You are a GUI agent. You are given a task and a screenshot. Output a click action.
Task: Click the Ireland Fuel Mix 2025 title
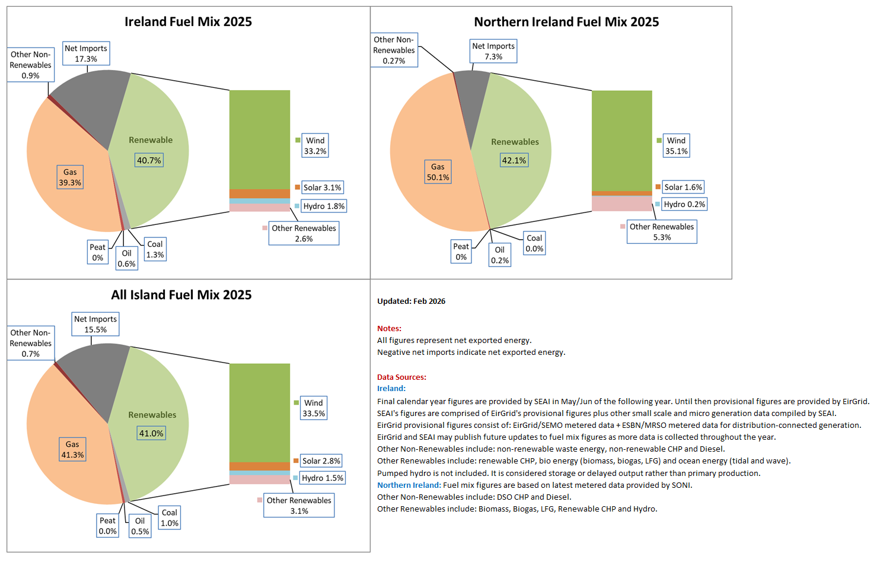(x=188, y=22)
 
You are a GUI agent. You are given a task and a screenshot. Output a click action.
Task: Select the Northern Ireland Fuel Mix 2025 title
(x=566, y=22)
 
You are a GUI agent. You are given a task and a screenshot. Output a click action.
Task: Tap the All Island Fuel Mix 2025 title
(x=181, y=295)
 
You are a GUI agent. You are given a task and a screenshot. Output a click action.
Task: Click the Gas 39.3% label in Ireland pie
(x=70, y=177)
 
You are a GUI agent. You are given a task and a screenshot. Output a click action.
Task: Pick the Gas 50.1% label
(x=438, y=172)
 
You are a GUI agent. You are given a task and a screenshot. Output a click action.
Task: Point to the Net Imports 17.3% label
(x=86, y=53)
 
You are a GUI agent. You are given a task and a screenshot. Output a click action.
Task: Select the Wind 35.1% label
(x=676, y=146)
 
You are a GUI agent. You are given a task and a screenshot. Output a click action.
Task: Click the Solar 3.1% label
(x=322, y=188)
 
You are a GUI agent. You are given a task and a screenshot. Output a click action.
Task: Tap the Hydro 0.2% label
(x=684, y=204)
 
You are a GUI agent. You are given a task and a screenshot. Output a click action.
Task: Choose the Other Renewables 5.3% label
(x=662, y=232)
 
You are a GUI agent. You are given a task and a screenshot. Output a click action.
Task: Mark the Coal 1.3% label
(x=155, y=249)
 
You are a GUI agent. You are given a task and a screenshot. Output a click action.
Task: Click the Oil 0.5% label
(x=140, y=526)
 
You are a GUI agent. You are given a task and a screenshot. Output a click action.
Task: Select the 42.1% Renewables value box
(x=514, y=160)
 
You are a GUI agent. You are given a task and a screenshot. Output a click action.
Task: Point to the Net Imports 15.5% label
(x=95, y=325)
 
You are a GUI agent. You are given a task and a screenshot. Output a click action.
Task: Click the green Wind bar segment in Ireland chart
(x=260, y=139)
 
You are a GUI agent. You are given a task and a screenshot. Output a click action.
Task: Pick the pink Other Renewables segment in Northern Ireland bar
(x=621, y=204)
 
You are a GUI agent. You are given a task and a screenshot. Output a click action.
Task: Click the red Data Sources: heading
(x=401, y=377)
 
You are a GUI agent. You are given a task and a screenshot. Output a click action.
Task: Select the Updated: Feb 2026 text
(x=411, y=301)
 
